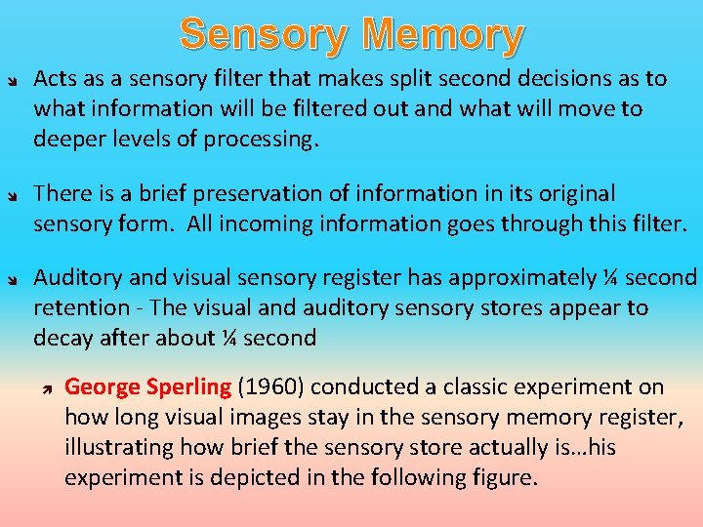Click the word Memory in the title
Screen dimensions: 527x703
449,35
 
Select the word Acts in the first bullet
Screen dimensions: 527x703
53,79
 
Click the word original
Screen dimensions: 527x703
567,194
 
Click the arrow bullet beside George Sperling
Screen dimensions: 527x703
45,387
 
